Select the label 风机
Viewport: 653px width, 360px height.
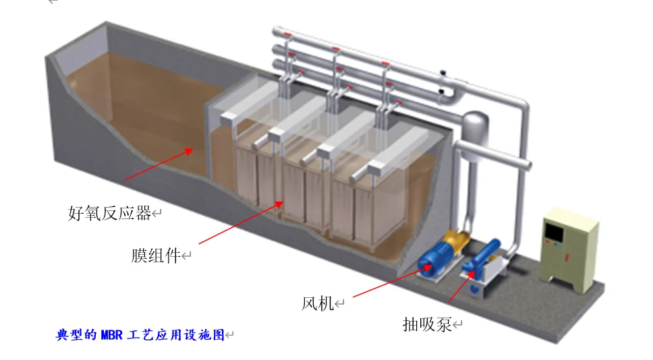pos(317,303)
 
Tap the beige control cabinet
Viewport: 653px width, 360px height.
pos(571,247)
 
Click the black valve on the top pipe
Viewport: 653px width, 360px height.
pos(443,73)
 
